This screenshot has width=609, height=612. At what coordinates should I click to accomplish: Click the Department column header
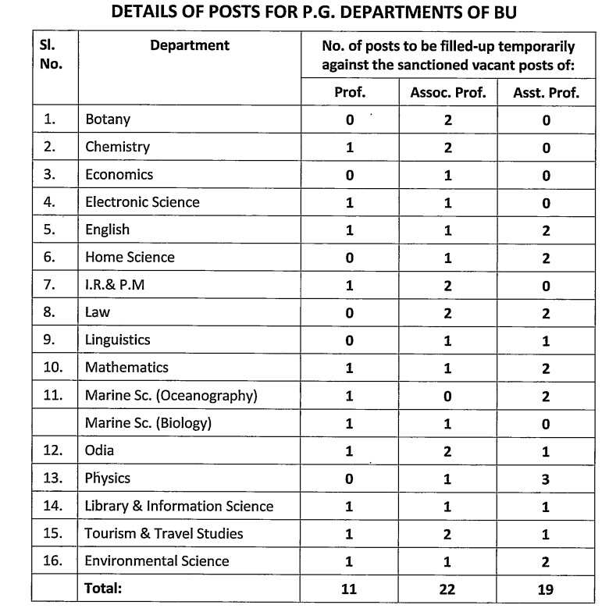coord(190,45)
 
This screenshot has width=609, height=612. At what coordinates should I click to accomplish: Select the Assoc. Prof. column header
coord(447,92)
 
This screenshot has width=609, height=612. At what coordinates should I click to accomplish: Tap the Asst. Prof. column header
coord(546,92)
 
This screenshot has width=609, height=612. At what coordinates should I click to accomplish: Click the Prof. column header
coord(350,92)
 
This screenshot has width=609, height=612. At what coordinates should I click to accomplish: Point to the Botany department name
coord(108,119)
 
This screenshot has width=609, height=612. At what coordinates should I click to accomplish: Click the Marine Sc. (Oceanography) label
coord(171,395)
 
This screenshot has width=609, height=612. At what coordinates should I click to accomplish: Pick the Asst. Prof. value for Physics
coord(546,479)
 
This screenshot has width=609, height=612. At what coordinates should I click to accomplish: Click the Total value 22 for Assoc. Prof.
coord(447,589)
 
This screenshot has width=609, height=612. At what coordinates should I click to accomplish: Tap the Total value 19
coord(546,589)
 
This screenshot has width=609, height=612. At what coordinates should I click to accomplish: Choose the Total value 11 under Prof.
coord(350,589)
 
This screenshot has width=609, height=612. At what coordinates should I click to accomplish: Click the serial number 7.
coord(50,285)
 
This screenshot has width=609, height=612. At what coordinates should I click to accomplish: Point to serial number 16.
coord(52,561)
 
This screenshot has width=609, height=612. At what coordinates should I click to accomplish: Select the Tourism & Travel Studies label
coord(164,534)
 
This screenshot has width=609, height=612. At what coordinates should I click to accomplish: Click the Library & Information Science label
coord(179,506)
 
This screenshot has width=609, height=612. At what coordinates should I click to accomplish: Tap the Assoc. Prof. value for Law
coord(447,313)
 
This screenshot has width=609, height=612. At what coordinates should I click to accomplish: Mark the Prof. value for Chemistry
coord(350,148)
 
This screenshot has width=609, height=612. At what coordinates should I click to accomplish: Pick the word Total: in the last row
coord(104,589)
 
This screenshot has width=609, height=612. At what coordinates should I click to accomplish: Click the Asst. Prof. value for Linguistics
coord(546,341)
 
